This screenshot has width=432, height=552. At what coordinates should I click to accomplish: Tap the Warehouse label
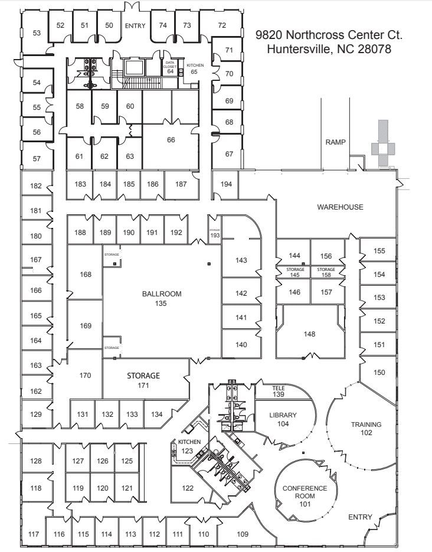pyautogui.click(x=340, y=207)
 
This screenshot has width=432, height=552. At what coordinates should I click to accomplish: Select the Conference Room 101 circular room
pyautogui.click(x=305, y=492)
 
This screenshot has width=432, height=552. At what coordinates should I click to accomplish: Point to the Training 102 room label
pyautogui.click(x=366, y=428)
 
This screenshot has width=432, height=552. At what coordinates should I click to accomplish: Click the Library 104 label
pyautogui.click(x=283, y=419)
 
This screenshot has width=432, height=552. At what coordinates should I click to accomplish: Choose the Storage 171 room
pyautogui.click(x=143, y=380)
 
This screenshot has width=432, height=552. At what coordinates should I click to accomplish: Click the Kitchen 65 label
pyautogui.click(x=195, y=68)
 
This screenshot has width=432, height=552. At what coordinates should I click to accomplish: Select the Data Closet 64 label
pyautogui.click(x=170, y=67)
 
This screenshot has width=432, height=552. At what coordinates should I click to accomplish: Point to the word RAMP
pyautogui.click(x=335, y=142)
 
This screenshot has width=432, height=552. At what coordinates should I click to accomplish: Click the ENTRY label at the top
pyautogui.click(x=135, y=25)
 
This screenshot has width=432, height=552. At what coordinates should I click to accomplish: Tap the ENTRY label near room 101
pyautogui.click(x=360, y=517)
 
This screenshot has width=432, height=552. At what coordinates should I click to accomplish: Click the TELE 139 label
pyautogui.click(x=279, y=391)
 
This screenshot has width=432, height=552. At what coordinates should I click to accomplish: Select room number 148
pyautogui.click(x=309, y=334)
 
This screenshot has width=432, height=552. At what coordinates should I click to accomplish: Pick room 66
pyautogui.click(x=171, y=140)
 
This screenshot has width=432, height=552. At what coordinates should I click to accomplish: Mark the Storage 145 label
pyautogui.click(x=295, y=272)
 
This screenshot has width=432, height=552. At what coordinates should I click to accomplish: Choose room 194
pyautogui.click(x=227, y=184)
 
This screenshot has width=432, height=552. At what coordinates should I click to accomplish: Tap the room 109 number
pyautogui.click(x=243, y=534)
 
